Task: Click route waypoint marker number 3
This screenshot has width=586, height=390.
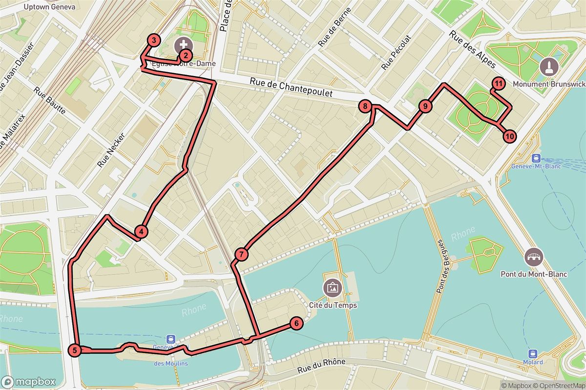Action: [154, 40]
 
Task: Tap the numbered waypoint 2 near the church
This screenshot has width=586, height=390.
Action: [185, 56]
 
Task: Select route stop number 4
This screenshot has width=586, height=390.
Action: [141, 232]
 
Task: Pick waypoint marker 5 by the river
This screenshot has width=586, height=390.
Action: [74, 350]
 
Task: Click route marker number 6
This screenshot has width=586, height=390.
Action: [296, 323]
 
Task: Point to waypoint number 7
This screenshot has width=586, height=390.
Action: [241, 254]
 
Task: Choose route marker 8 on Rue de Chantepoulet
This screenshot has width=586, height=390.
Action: [365, 106]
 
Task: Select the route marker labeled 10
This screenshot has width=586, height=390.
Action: [509, 136]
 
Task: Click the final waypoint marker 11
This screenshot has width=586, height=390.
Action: [498, 84]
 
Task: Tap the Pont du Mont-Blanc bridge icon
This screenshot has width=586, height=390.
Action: [534, 257]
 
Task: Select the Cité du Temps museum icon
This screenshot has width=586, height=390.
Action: [333, 288]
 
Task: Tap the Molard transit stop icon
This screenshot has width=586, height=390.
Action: [533, 353]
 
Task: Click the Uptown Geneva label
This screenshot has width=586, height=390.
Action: [49, 7]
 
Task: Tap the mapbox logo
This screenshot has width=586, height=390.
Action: [28, 382]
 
